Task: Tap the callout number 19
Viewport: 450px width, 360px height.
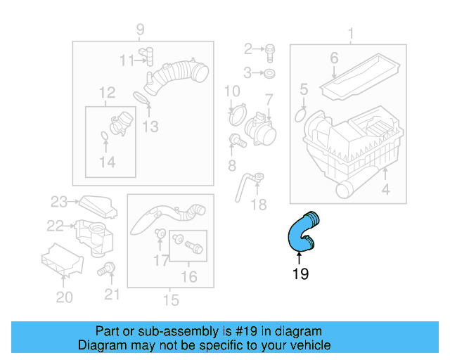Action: pyautogui.click(x=300, y=274)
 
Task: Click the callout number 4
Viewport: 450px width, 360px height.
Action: pyautogui.click(x=385, y=189)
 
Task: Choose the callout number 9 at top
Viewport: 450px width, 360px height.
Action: pyautogui.click(x=140, y=29)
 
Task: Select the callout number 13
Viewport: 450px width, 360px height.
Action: pyautogui.click(x=150, y=127)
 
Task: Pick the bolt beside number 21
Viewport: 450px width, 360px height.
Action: pyautogui.click(x=108, y=268)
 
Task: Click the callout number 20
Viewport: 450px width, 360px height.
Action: pyautogui.click(x=64, y=297)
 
